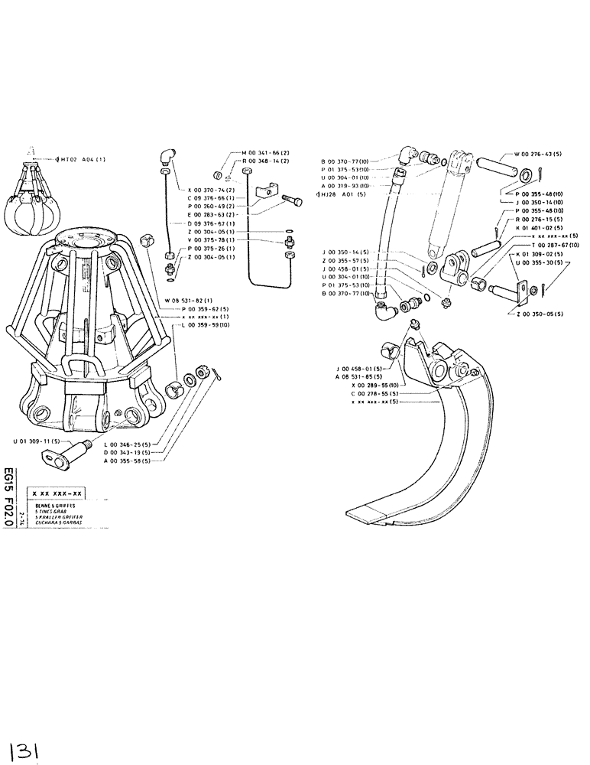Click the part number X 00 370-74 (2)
pos(208,189)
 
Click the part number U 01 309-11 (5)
pos(34,442)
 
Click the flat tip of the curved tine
pos(374,512)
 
